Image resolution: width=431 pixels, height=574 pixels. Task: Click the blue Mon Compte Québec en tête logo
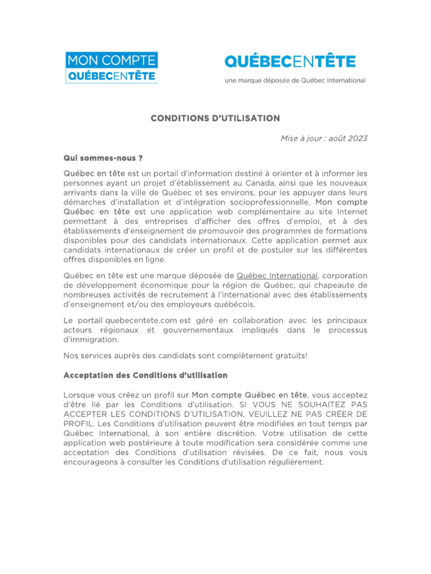coord(112,68)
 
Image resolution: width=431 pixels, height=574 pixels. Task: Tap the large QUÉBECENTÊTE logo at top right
coord(290,62)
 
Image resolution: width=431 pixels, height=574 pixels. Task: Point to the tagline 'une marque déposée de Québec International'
coord(295,80)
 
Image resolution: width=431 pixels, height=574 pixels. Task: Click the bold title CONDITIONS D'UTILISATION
coord(215,118)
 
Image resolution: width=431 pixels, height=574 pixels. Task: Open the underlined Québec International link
coord(277,275)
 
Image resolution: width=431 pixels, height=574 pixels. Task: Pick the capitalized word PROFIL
coord(79,423)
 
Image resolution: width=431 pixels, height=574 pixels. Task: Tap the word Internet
coord(351,212)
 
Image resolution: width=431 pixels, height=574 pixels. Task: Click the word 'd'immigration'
coord(91,340)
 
